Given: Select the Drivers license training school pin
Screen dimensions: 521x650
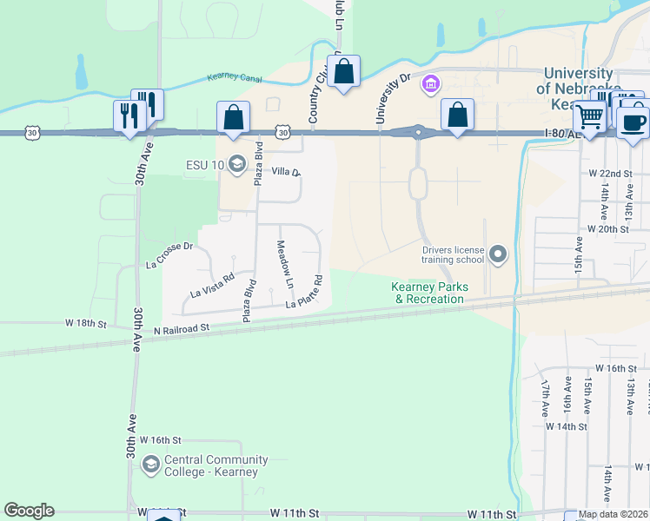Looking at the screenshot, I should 498,254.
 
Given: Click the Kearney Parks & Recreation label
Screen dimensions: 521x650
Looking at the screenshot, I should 430,293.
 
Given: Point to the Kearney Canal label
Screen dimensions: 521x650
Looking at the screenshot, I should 235,77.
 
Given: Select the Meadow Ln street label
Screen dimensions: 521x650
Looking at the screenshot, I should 285,266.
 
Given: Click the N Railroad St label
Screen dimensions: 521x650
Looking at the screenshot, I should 182,329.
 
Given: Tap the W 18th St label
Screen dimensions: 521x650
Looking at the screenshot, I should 85,324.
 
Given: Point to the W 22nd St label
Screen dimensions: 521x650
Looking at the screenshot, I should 610,174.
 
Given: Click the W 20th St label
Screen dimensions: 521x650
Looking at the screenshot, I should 608,228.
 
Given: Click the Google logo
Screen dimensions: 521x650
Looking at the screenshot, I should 29,511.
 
